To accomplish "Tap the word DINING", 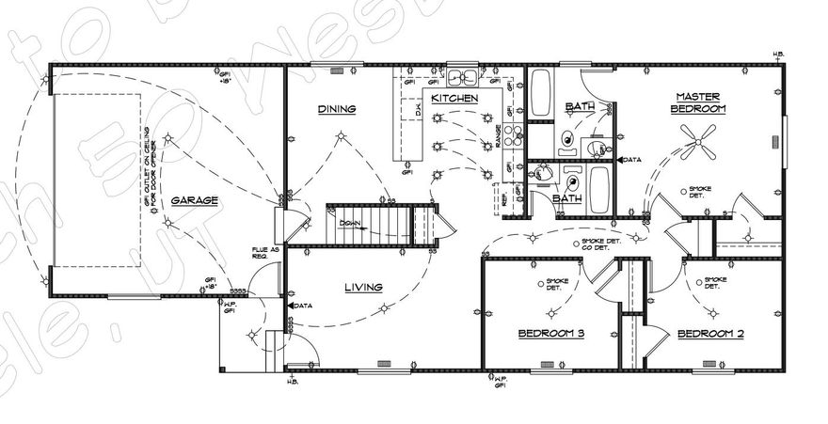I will [x=336, y=109].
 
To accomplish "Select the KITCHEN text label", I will [x=455, y=98].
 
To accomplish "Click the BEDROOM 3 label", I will [x=550, y=334].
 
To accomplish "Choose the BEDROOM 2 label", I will [x=710, y=334].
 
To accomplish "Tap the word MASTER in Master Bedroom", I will [x=697, y=96].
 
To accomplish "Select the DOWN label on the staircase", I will [x=350, y=224].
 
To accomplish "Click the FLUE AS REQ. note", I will [x=261, y=253].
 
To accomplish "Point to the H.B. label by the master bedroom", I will [x=777, y=54].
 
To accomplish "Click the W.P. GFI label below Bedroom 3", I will [x=500, y=382].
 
